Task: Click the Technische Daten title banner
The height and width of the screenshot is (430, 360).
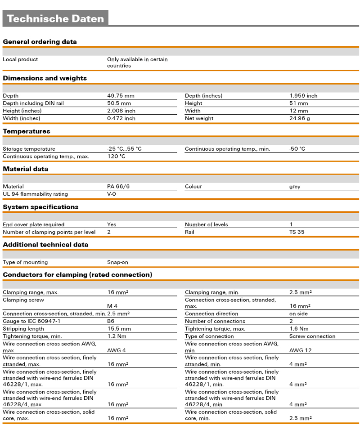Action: pos(55,18)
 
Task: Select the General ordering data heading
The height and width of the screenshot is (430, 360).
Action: pos(40,42)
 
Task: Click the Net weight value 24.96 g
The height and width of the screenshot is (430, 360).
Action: pos(300,118)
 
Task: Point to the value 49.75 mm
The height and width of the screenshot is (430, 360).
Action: pos(121,96)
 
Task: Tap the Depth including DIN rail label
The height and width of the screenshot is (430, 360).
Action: pos(33,103)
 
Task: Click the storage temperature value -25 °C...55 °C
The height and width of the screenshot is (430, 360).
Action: pos(124,149)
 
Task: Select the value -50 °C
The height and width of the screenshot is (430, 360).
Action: pos(297,149)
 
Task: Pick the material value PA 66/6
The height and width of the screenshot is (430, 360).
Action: pos(118,186)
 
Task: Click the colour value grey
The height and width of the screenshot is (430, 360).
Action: pos(295,186)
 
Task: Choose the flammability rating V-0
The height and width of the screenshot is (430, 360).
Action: pos(112,194)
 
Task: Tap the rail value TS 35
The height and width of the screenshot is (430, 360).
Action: pos(297,232)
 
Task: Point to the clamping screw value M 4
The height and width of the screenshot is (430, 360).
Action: pos(112,306)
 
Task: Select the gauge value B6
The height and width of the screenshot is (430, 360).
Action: pos(111,321)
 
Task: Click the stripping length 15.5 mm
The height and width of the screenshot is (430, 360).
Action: pos(119,329)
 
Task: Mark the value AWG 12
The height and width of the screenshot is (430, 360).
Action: pos(300,350)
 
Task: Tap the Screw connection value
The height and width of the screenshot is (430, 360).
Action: pos(312,336)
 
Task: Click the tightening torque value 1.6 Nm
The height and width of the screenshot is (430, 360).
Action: pos(298,329)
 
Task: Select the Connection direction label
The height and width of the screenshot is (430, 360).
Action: pos(211,314)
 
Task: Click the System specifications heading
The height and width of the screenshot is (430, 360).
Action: pos(40,207)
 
